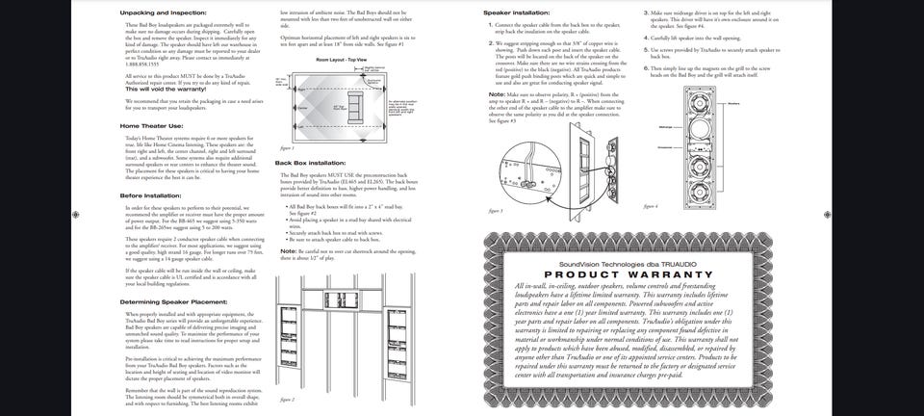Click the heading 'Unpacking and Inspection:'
tap(162, 13)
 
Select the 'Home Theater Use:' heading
tap(151, 125)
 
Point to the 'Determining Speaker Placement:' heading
tap(173, 301)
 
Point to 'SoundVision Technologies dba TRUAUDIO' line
tap(620, 264)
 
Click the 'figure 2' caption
tap(288, 398)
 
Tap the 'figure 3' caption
tap(495, 210)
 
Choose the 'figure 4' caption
tap(651, 205)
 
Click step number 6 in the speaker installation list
tap(646, 68)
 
